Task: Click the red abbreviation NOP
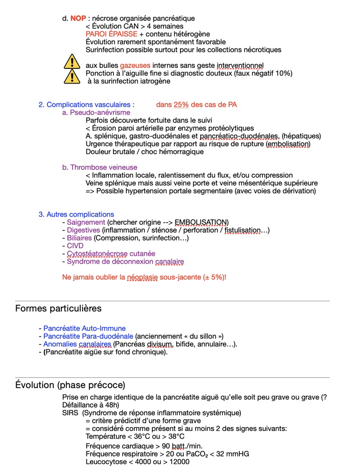click(78, 19)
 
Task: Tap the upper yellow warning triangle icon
click(72, 62)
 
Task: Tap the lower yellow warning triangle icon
click(72, 76)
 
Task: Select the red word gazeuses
click(135, 65)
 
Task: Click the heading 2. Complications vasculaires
click(86, 105)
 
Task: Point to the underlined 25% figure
click(181, 105)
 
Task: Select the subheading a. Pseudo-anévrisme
click(96, 113)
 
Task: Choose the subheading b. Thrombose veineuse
click(100, 167)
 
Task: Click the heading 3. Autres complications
click(76, 214)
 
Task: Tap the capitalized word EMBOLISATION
click(200, 222)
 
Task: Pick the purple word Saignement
click(86, 222)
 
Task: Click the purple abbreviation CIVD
click(75, 246)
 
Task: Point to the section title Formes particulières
click(58, 308)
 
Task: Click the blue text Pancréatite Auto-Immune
click(85, 328)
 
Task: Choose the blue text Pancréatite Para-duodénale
click(88, 336)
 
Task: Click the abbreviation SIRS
click(70, 413)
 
